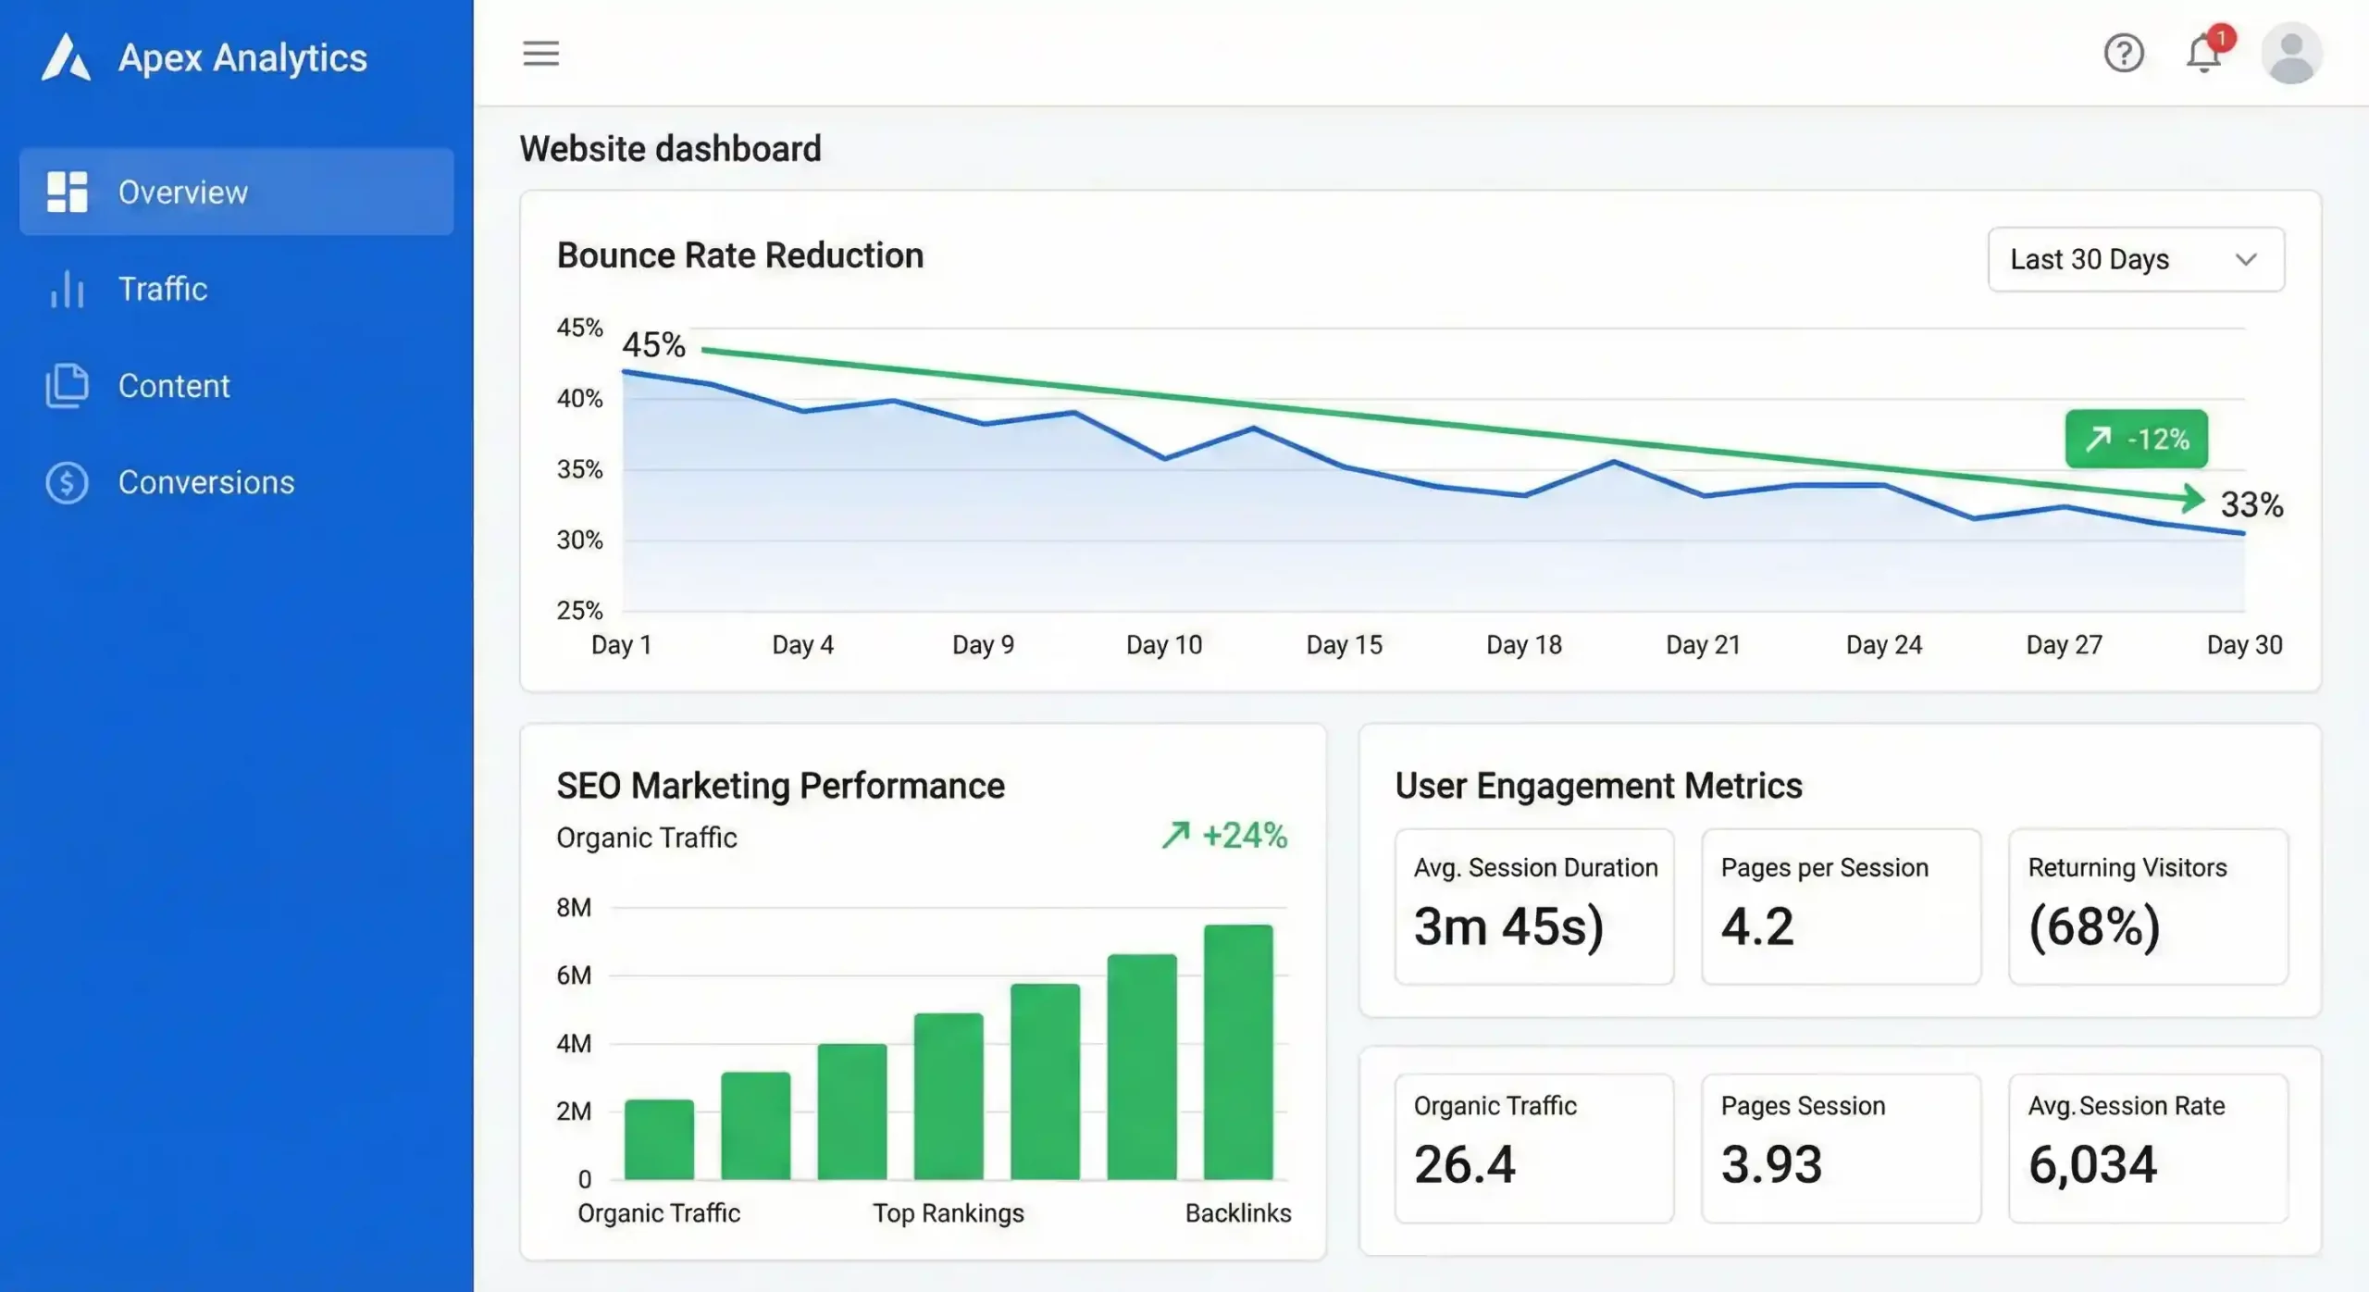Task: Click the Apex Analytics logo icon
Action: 66,57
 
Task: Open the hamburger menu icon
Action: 540,54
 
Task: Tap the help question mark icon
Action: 2123,54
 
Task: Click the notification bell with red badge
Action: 2204,54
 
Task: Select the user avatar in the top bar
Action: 2291,54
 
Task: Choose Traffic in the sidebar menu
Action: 162,289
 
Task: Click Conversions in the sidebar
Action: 205,482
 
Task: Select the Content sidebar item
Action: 173,386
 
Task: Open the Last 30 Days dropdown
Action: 2135,260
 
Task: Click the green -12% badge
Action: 2136,439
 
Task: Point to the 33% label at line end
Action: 2251,505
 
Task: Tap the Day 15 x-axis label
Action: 1344,645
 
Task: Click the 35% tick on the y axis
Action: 579,470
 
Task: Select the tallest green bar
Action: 1238,1051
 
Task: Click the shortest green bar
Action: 659,1139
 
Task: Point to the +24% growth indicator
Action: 1225,836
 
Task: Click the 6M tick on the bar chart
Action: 574,975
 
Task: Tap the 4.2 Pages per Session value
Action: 1756,926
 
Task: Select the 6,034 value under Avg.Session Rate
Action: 2092,1164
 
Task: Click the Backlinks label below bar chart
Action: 1237,1213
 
